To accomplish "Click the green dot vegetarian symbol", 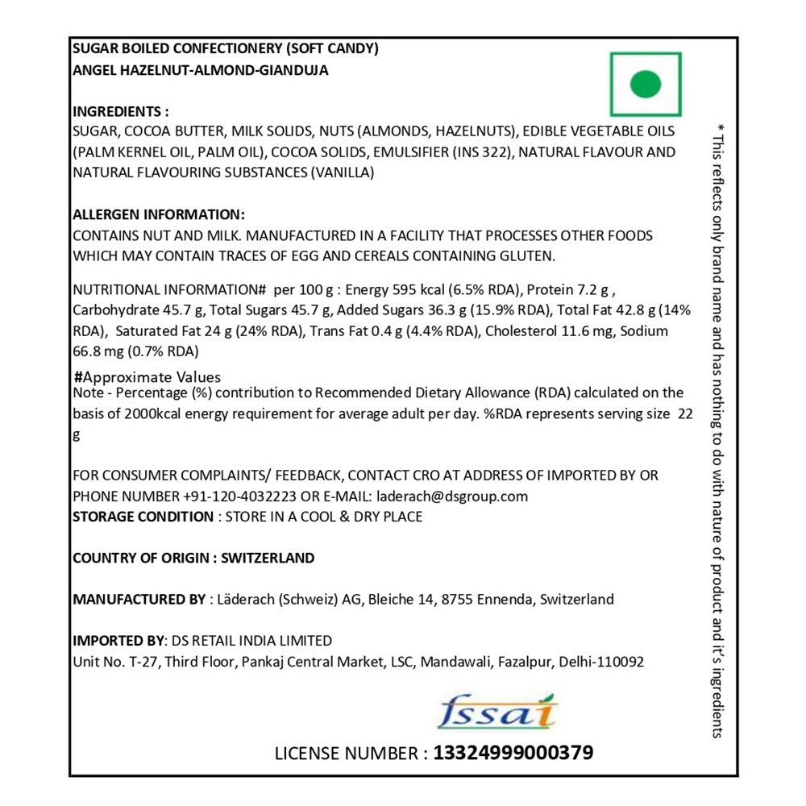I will [x=645, y=84].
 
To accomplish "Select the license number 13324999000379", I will [x=513, y=753].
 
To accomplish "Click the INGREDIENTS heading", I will [x=121, y=111].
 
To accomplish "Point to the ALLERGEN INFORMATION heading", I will [x=158, y=215].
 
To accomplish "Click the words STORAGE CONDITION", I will [x=143, y=517].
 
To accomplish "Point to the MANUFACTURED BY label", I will [x=139, y=600].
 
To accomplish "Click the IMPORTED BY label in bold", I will [x=118, y=641].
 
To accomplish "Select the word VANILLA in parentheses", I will [x=343, y=172].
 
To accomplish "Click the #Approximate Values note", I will [x=147, y=377].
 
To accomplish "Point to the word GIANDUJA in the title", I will [x=293, y=70].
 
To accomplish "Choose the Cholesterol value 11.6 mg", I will [x=576, y=331].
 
